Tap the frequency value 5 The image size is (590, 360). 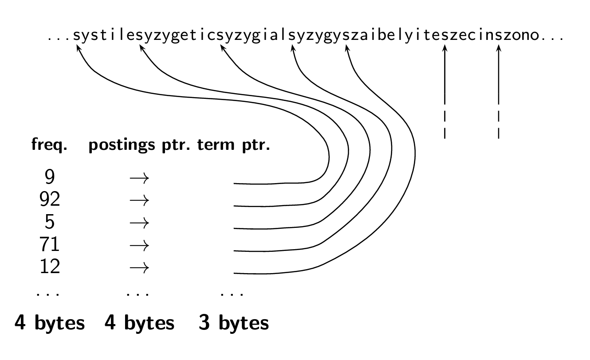point(50,223)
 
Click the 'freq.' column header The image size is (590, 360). point(49,146)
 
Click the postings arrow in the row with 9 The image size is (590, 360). point(140,179)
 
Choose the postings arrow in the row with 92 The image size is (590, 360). point(140,201)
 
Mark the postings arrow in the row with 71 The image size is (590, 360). point(140,245)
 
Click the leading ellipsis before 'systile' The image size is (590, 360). point(59,39)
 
